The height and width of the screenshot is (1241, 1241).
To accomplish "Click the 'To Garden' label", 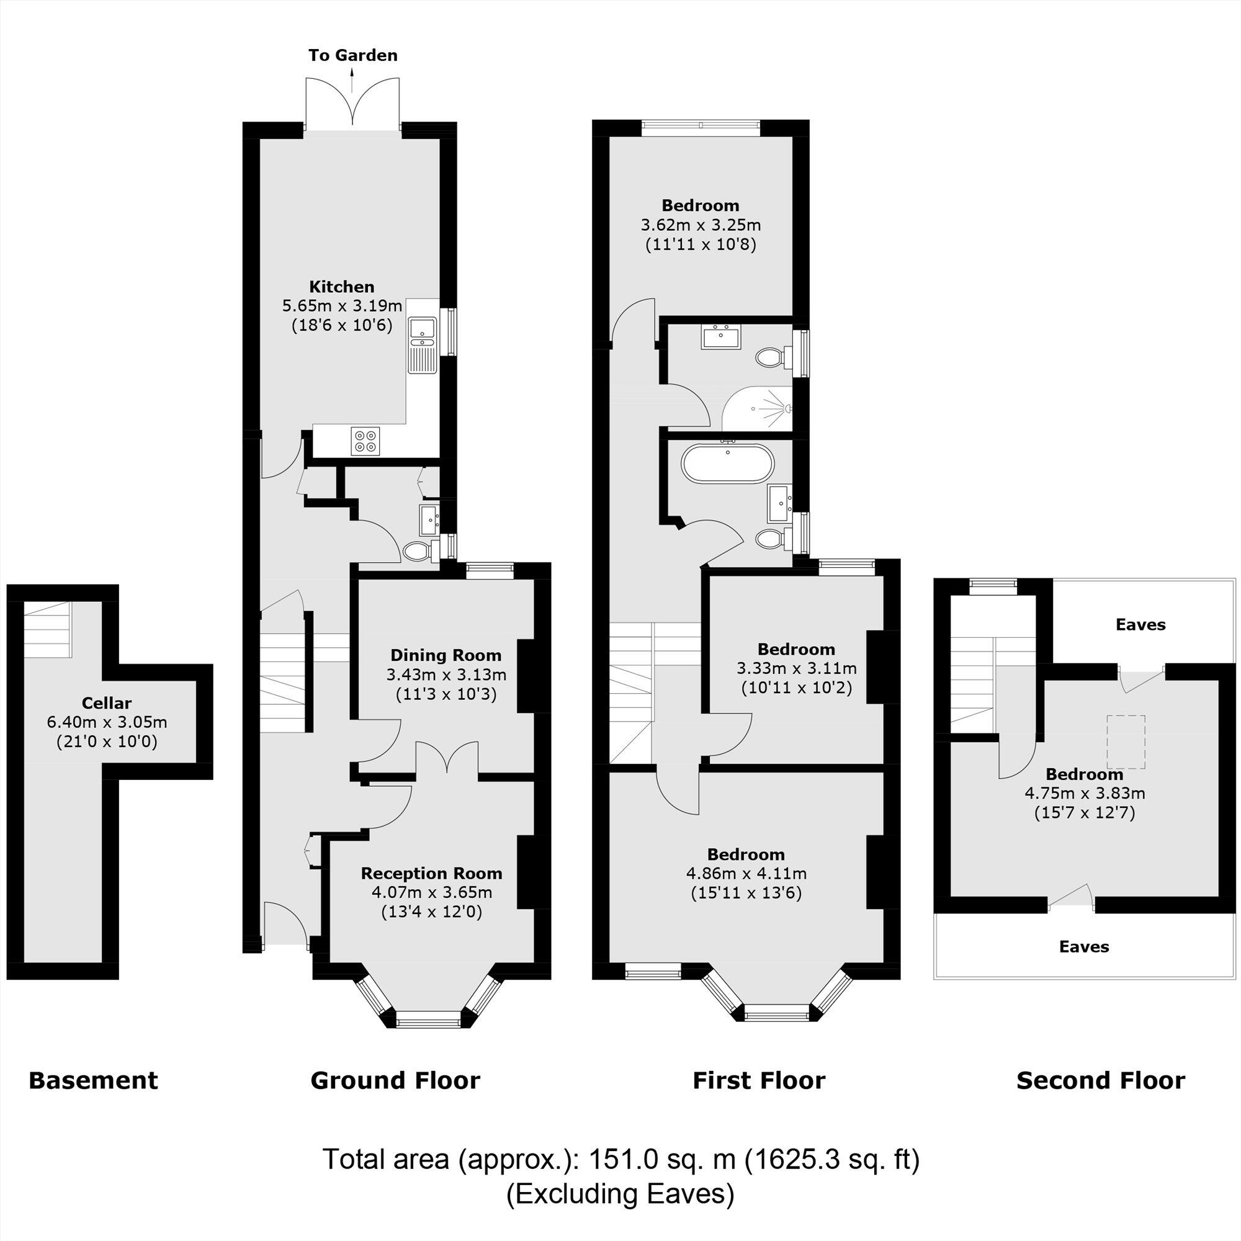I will point(352,55).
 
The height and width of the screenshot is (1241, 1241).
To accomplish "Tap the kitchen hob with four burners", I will point(365,441).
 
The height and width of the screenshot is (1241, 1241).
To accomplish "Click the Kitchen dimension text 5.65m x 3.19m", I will point(342,306).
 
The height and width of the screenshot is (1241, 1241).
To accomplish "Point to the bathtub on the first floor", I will point(727,463).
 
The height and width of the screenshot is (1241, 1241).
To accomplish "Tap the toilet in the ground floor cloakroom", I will point(418,550).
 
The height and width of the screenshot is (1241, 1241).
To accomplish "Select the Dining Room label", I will point(446,655).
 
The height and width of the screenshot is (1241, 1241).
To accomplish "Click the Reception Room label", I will point(431,873).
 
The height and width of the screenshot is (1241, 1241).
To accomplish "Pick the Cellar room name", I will point(107,703).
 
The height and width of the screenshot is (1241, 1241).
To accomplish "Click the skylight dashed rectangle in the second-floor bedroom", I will point(1126,742).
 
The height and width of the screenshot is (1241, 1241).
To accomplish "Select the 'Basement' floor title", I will point(93,1080).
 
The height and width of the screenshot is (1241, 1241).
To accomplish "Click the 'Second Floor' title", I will point(1100,1080).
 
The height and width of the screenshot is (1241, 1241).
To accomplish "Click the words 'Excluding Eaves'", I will point(620,1193).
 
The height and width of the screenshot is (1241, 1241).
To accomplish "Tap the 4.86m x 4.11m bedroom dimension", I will point(746,874).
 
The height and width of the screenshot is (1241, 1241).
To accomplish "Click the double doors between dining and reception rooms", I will point(446,761).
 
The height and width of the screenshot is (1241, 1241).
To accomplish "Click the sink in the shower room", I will point(722,337).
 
